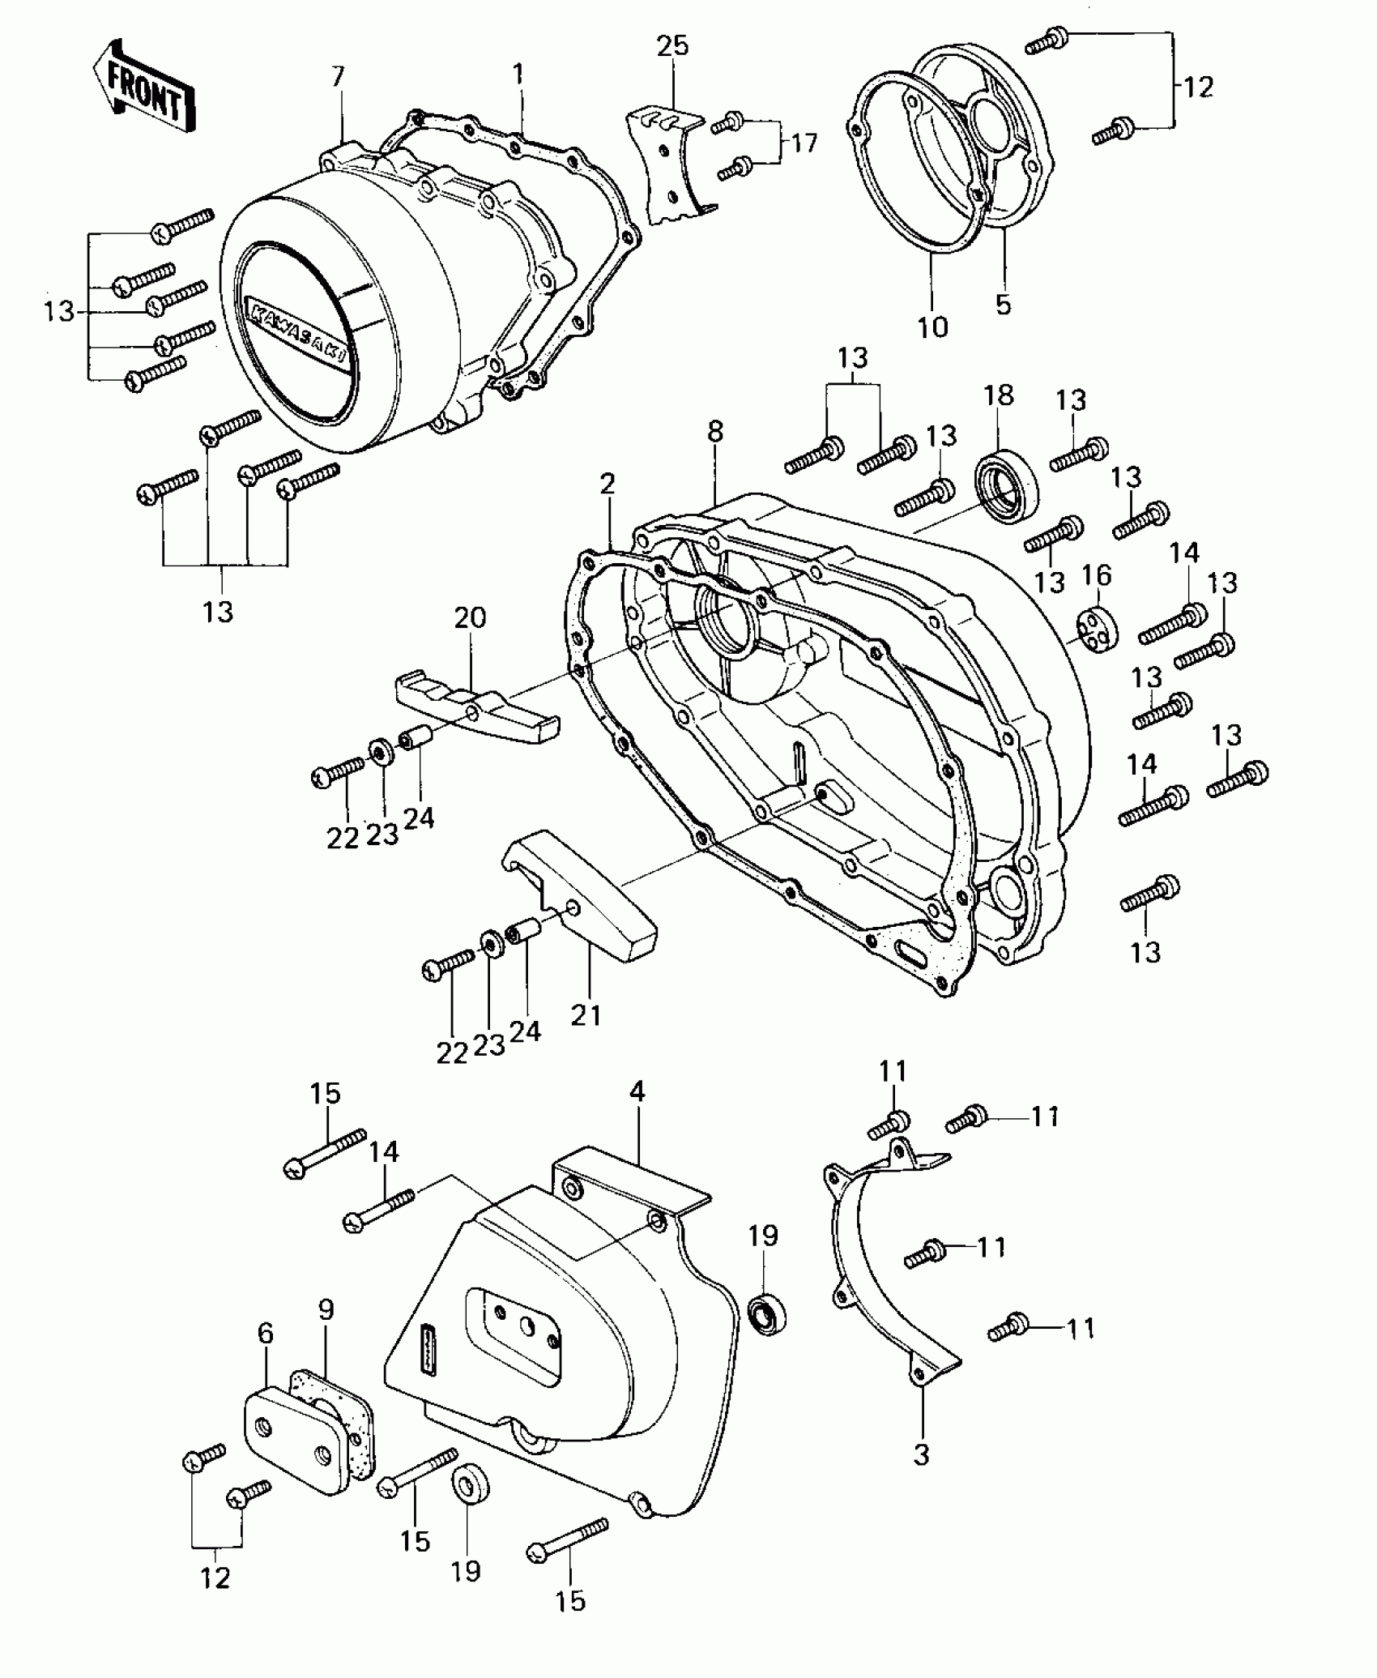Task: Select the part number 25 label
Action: point(672,46)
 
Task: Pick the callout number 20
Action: point(470,618)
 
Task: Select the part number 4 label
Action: point(637,1092)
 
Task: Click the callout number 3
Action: point(922,1455)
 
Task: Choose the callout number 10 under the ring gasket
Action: point(932,328)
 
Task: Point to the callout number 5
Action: point(1004,305)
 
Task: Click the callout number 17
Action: point(804,143)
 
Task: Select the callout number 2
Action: point(607,485)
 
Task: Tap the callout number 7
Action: point(338,78)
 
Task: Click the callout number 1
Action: point(518,75)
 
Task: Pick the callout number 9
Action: point(326,1310)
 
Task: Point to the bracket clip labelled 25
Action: point(666,166)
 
